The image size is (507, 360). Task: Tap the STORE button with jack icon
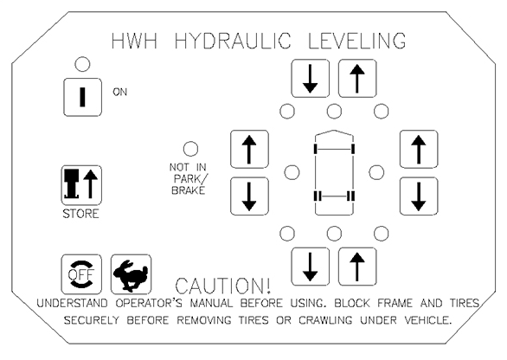click(x=82, y=185)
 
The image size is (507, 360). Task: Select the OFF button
click(x=81, y=274)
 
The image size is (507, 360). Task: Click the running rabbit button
click(x=131, y=274)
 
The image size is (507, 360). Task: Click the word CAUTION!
click(x=222, y=286)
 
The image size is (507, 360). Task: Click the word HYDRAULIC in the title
click(x=233, y=41)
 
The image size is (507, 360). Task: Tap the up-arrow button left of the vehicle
click(x=249, y=149)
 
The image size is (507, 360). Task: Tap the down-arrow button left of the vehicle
click(x=249, y=196)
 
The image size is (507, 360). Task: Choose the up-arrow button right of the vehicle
click(x=419, y=149)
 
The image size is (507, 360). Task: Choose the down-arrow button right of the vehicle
click(x=419, y=196)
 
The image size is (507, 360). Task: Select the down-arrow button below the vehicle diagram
click(x=311, y=267)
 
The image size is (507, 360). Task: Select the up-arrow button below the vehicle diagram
click(x=357, y=267)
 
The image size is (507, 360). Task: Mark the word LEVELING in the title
click(x=357, y=41)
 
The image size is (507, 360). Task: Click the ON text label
click(x=120, y=93)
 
